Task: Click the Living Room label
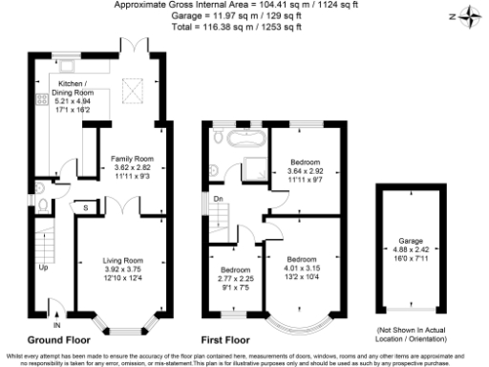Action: point(123,272)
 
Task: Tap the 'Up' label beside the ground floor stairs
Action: point(42,268)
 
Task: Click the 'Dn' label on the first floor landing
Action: point(217,199)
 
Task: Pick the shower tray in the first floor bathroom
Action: point(256,162)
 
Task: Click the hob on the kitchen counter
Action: point(42,97)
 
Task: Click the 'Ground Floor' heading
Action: point(58,339)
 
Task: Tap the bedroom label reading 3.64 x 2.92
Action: point(305,170)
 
